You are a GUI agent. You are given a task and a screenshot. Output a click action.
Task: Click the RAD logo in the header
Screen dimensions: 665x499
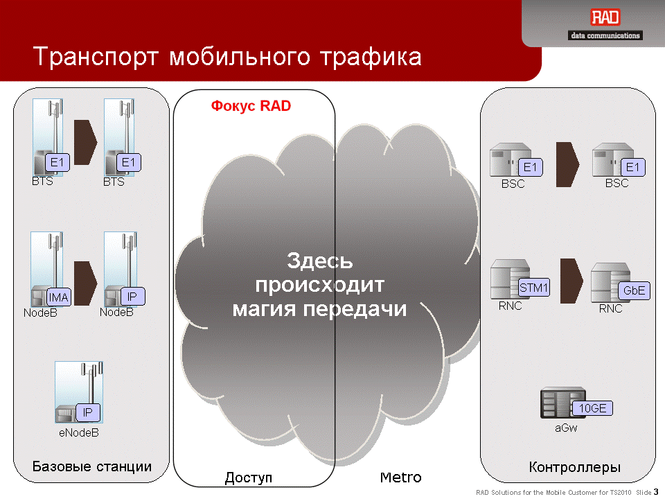point(605,18)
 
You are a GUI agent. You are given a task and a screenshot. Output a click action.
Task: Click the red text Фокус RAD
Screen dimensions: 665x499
point(251,105)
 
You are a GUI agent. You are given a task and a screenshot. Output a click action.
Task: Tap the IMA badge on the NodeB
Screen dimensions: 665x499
point(58,297)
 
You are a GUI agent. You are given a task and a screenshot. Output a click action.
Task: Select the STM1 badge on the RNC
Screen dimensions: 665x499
point(534,288)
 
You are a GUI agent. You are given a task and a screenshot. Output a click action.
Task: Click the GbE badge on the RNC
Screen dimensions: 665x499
point(634,290)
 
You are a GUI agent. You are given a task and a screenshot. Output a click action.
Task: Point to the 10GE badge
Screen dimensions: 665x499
point(592,408)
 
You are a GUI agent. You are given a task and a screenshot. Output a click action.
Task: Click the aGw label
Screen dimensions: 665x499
point(566,428)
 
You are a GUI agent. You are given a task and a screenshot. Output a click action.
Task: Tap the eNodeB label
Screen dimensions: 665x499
point(79,432)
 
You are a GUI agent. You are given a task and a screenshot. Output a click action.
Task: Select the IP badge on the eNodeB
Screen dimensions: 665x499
point(88,412)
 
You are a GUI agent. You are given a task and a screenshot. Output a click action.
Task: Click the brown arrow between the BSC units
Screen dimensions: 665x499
point(567,164)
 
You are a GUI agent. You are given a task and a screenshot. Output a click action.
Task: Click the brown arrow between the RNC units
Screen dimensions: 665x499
point(571,281)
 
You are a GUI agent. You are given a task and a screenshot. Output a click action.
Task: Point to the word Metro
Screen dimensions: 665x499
point(401,478)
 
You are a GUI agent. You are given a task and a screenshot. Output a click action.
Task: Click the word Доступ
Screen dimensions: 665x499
point(249,478)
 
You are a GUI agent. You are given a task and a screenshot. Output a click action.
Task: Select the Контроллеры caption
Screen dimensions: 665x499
point(575,467)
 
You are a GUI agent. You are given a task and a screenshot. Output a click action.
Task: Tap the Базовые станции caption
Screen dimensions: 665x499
point(92,466)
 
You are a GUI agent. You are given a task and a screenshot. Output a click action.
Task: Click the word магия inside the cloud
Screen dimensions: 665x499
point(264,309)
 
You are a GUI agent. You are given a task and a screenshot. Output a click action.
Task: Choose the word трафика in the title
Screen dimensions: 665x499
point(371,58)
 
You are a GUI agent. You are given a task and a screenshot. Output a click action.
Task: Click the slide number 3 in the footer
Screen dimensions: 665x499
point(656,492)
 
